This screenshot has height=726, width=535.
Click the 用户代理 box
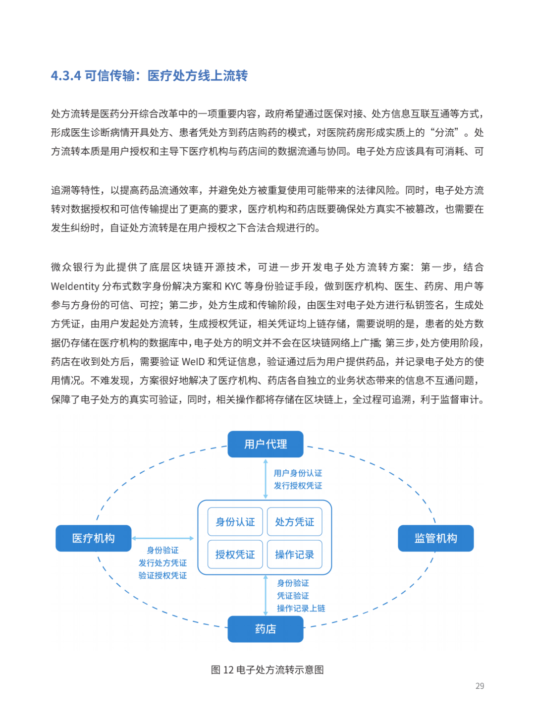click(x=266, y=444)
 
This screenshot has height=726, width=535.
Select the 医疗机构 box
click(x=93, y=538)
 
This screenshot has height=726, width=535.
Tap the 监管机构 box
click(x=435, y=538)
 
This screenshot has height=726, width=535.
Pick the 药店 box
click(x=266, y=629)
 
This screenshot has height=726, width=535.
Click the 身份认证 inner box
click(x=235, y=522)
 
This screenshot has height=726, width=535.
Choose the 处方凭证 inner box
click(x=295, y=522)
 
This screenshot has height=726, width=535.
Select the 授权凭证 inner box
click(x=235, y=555)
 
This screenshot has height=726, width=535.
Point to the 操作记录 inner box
click(x=295, y=555)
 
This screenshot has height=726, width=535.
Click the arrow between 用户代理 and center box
click(x=266, y=479)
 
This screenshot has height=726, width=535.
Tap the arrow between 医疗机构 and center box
click(x=162, y=538)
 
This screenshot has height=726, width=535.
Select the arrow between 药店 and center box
click(x=266, y=595)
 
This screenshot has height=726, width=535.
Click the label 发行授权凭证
click(x=298, y=486)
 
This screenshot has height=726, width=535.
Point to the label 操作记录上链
click(x=301, y=608)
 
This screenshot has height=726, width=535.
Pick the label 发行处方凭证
click(x=162, y=563)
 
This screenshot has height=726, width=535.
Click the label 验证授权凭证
click(x=162, y=575)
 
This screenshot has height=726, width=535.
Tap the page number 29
click(x=480, y=686)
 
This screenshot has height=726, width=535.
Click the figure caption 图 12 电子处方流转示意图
click(x=267, y=670)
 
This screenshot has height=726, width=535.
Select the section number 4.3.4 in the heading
click(x=66, y=76)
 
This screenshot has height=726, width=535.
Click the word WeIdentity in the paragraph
click(x=75, y=286)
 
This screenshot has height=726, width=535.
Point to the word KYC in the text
click(x=233, y=286)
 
